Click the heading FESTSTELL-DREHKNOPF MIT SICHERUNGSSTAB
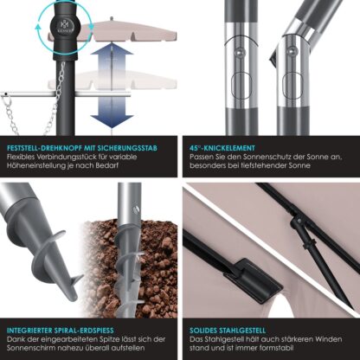coord(82,148)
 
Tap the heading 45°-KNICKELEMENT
coord(222,148)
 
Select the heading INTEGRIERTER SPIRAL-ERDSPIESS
coord(61,331)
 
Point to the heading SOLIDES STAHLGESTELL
coord(228,331)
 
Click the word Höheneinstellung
coord(36,166)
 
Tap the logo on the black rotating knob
coord(63,25)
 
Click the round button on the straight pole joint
coord(240,52)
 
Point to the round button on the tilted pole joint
coord(291,52)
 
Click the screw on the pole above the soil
coord(137,209)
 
